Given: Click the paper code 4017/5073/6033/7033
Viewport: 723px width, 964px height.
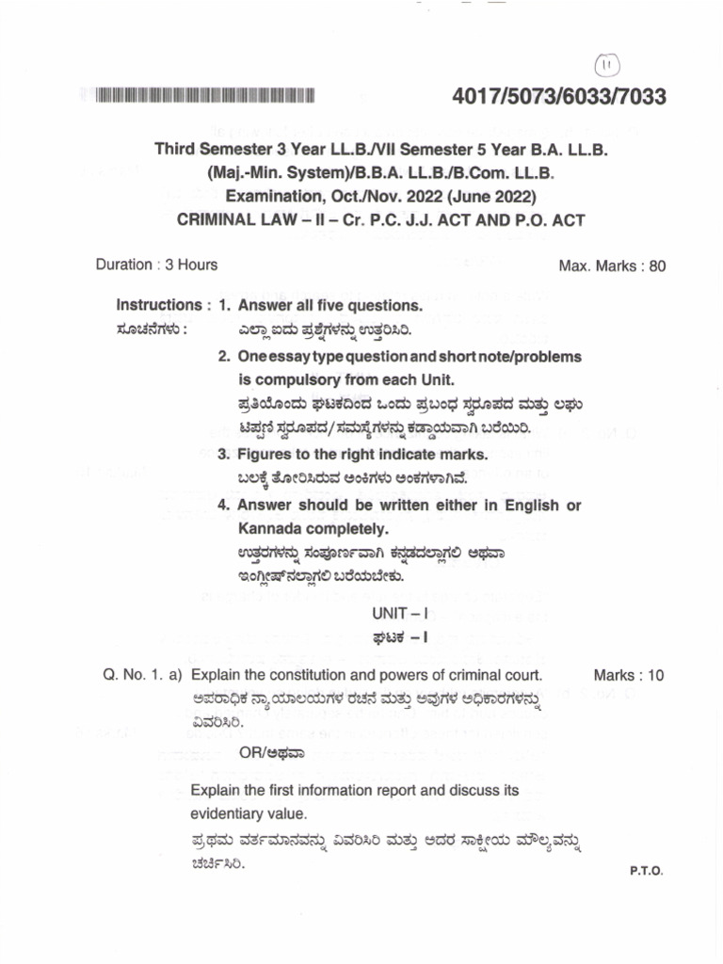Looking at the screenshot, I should (x=559, y=97).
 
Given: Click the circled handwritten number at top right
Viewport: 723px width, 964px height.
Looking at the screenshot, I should (x=603, y=64).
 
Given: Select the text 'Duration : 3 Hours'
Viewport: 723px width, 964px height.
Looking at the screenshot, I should (x=156, y=265).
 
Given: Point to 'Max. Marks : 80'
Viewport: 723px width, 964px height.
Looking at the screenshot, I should (x=612, y=265).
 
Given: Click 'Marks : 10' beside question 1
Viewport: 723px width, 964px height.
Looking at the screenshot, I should (x=629, y=675).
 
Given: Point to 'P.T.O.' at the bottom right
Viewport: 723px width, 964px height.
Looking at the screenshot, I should (x=647, y=872).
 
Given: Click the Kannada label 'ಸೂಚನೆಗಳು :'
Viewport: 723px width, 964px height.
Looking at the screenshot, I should (x=152, y=330).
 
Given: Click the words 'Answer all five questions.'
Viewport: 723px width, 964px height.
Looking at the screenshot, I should (x=329, y=306).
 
